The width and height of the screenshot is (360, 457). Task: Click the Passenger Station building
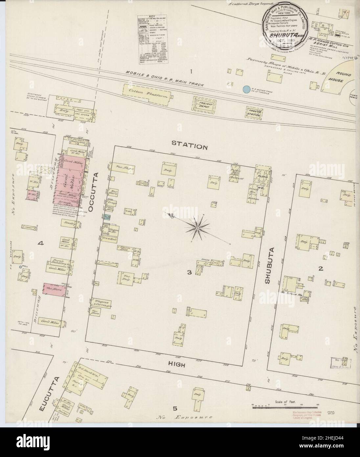(254, 112)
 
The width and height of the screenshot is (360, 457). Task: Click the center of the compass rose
(198, 228)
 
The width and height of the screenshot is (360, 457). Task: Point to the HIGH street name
(177, 365)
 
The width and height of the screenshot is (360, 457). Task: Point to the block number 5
(175, 409)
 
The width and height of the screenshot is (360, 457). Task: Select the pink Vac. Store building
(55, 289)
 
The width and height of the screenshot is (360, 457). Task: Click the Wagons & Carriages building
(103, 302)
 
